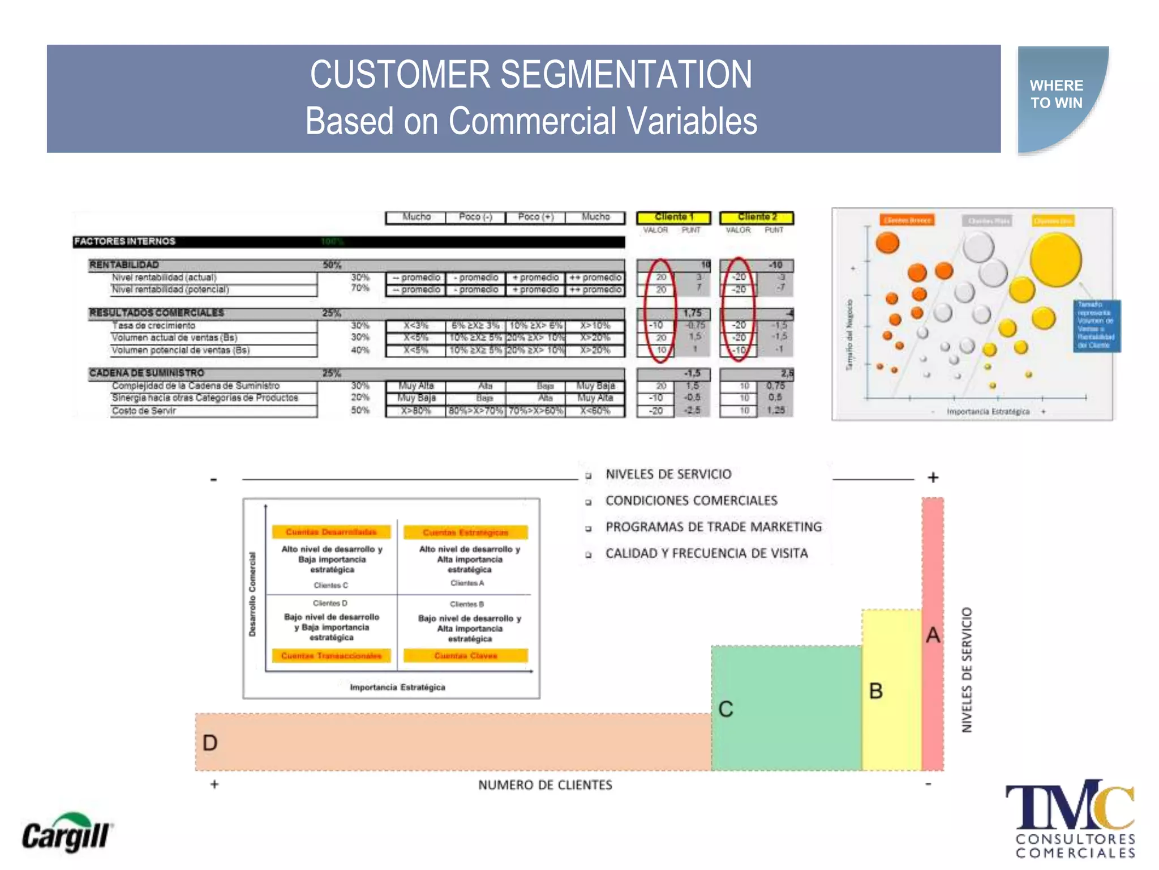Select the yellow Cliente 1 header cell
point(673,217)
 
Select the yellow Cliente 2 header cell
point(757,217)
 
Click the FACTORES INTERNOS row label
point(125,242)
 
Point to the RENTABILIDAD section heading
point(124,265)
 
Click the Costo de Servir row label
point(144,411)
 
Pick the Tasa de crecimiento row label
point(153,326)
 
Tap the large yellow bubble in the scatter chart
point(1055,259)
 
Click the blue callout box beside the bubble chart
point(1096,326)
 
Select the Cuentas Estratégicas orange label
point(466,532)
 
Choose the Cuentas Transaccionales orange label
point(332,656)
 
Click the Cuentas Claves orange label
point(466,656)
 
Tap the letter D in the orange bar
point(210,743)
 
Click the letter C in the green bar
point(726,709)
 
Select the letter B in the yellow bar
point(875,691)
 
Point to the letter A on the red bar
point(933,635)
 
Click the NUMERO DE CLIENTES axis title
point(545,785)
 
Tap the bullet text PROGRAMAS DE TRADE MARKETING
point(713,527)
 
